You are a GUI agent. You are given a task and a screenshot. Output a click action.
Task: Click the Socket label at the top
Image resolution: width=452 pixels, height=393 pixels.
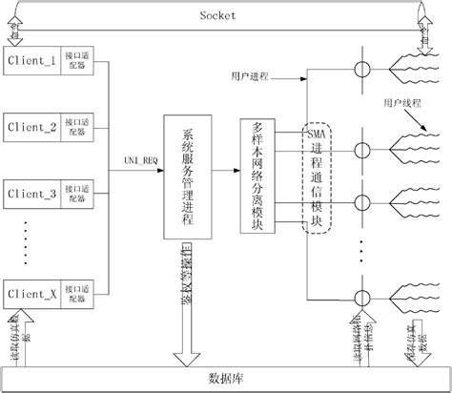pos(218,14)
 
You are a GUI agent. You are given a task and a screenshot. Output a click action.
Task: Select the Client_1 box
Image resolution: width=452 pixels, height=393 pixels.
pos(32,60)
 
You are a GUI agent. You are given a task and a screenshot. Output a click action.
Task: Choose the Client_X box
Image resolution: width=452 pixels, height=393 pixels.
pos(32,292)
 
